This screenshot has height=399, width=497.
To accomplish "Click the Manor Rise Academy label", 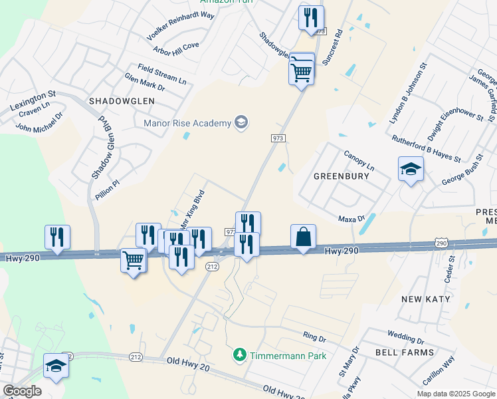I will coord(188,122).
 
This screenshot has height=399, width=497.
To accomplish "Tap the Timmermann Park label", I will coord(288,356).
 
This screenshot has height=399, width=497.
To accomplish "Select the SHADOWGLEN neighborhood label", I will coord(122,101).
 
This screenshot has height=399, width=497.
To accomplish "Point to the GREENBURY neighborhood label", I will coord(342,178).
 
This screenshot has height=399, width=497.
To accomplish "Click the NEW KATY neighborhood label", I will coord(426,299).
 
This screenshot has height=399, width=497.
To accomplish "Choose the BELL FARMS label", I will coord(405,352).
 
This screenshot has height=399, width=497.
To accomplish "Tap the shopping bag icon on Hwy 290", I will coord(303,237).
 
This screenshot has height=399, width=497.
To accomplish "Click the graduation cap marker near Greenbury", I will coord(411,170).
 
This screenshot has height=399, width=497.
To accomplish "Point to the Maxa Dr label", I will coord(352,217).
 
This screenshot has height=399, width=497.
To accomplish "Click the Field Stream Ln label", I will coord(162,72).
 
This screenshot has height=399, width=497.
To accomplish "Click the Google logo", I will coord(22,391).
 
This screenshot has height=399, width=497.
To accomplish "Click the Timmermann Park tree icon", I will coord(240,356).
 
